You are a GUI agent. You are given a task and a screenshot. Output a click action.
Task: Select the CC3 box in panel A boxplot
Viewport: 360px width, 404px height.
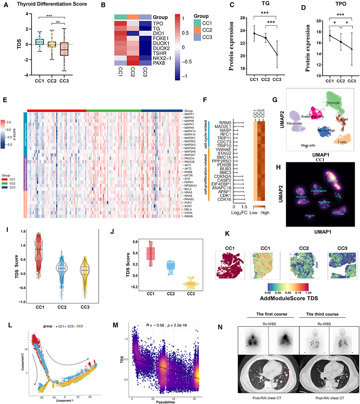(63, 47)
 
